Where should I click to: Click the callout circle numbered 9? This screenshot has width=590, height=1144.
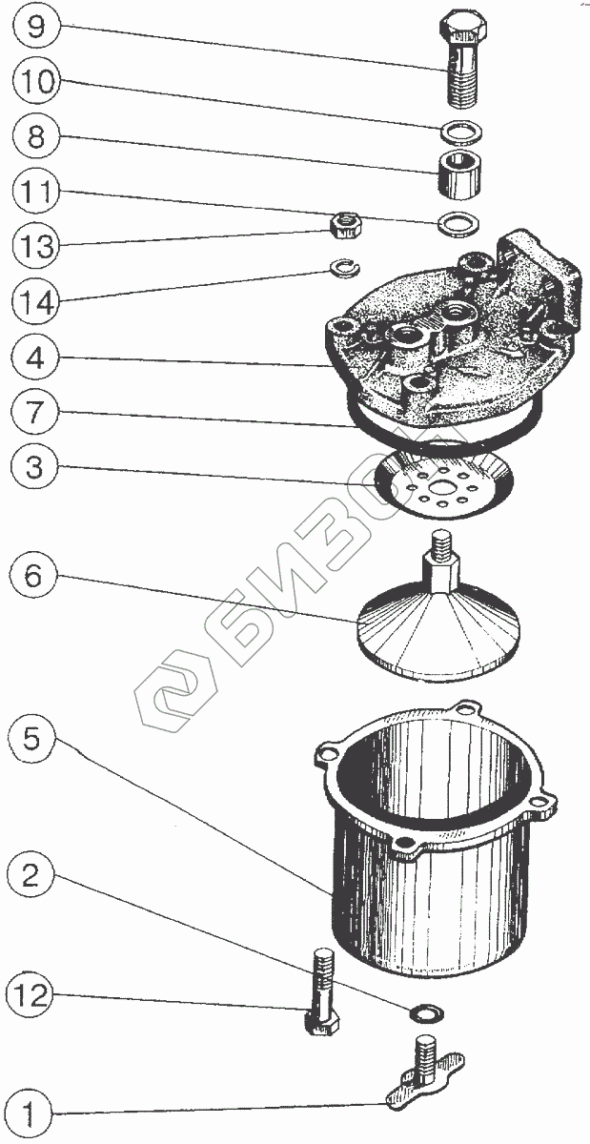pyautogui.click(x=36, y=26)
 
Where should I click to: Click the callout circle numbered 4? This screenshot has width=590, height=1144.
pyautogui.click(x=36, y=359)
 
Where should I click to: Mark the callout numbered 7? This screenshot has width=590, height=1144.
pyautogui.click(x=36, y=414)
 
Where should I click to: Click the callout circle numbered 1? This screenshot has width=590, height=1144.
pyautogui.click(x=36, y=1112)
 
